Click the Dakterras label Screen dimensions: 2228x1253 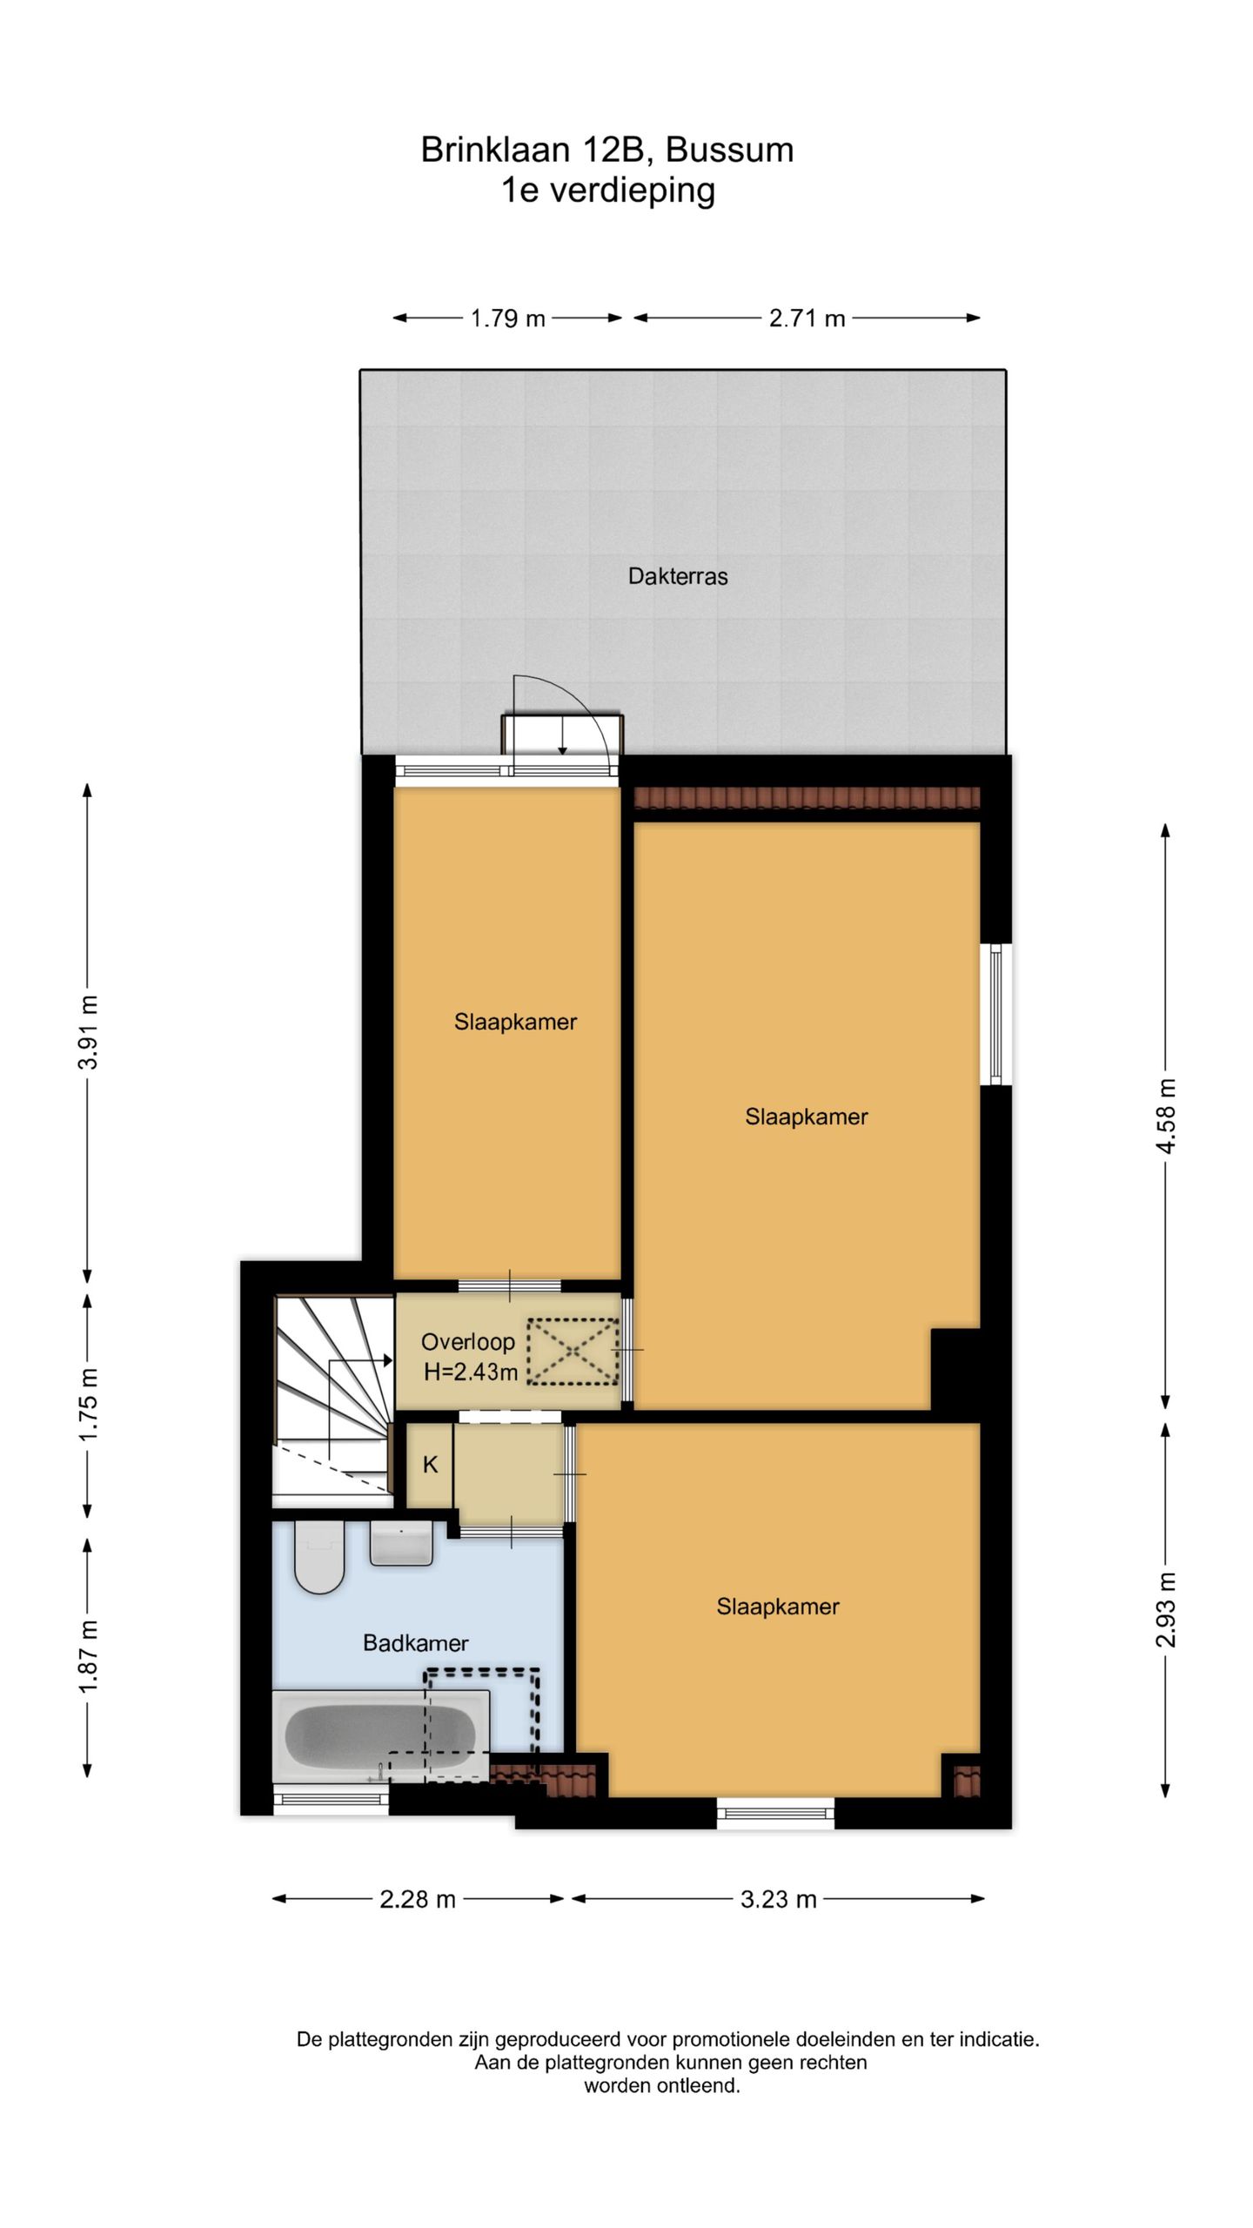point(678,576)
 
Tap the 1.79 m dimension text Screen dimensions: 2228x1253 point(507,319)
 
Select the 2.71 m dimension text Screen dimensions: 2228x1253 point(807,319)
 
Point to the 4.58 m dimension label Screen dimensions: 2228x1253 point(1166,1116)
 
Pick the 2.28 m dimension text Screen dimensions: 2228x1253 point(418,1899)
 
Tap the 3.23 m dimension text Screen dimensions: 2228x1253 point(778,1899)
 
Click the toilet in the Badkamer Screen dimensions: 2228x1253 point(319,1558)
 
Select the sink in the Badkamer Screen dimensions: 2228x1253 point(401,1545)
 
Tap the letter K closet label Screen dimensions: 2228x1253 point(430,1465)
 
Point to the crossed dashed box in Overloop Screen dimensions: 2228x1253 point(573,1352)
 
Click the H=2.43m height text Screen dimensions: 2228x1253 point(471,1373)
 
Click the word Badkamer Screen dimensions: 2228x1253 point(415,1643)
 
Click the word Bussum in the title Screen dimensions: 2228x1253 point(729,150)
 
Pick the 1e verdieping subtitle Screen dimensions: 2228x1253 point(607,190)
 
